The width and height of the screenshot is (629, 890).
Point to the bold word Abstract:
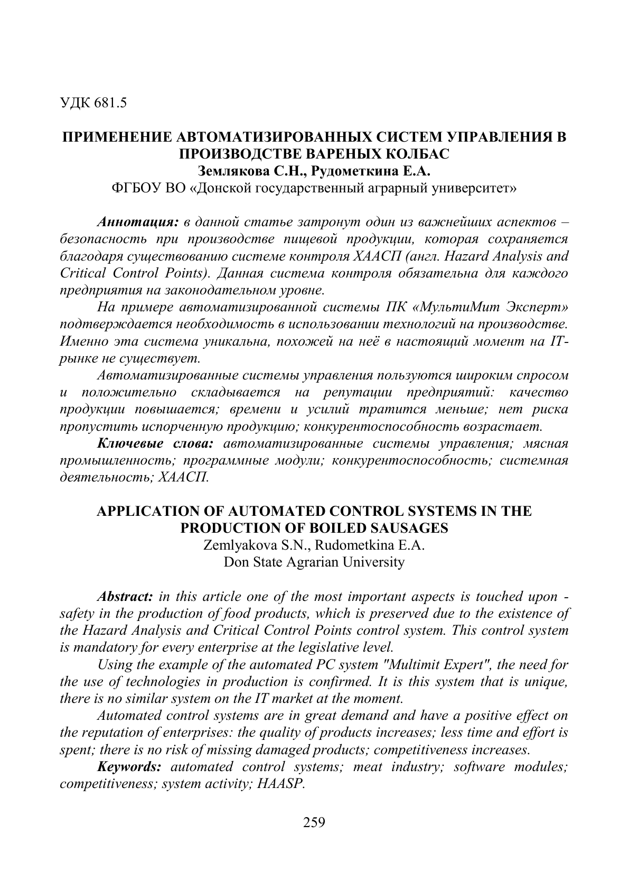pyautogui.click(x=125, y=596)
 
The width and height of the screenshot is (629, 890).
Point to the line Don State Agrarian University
pyautogui.click(x=314, y=562)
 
